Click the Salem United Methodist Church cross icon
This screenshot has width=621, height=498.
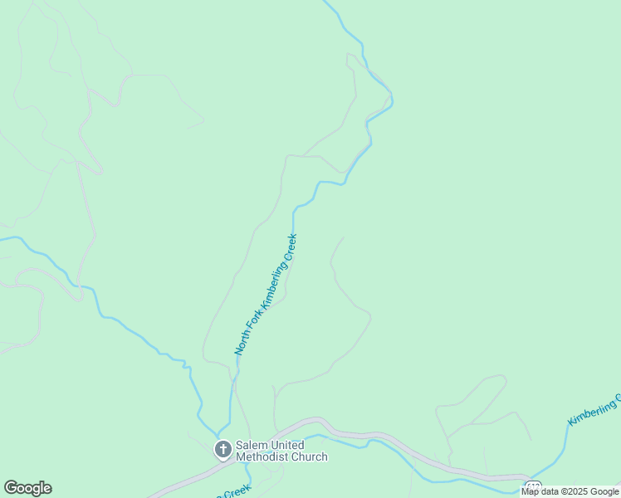point(222,450)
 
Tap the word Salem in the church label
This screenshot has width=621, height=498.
point(251,445)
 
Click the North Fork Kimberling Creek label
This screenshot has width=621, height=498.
point(266,295)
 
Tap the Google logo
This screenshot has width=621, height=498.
point(27,488)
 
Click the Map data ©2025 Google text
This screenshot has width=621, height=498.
point(570,491)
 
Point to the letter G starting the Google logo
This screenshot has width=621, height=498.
point(10,488)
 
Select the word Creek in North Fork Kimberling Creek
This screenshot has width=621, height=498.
point(290,248)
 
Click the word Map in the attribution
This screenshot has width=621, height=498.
point(531,491)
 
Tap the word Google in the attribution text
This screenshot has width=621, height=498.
point(605,491)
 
